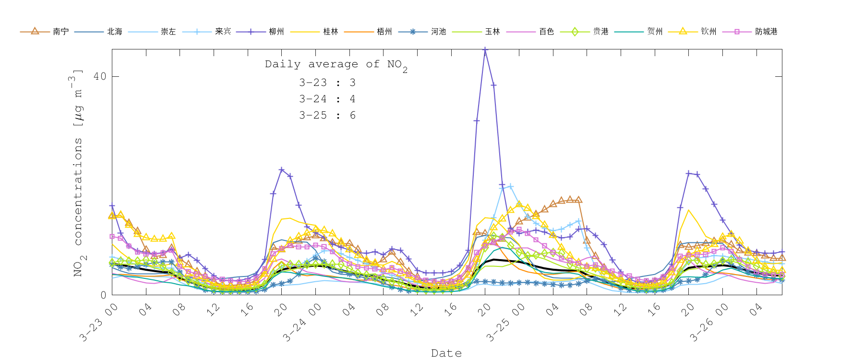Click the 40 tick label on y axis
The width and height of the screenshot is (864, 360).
(x=99, y=76)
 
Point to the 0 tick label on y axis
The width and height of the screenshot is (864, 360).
(x=103, y=295)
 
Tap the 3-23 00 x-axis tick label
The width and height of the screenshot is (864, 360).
(x=99, y=323)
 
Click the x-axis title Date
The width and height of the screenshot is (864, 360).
(x=446, y=353)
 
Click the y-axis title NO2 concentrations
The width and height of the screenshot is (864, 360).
(x=78, y=173)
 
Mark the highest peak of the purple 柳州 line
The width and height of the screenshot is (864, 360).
(x=485, y=49)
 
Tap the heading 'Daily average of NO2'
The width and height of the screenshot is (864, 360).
(x=336, y=65)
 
